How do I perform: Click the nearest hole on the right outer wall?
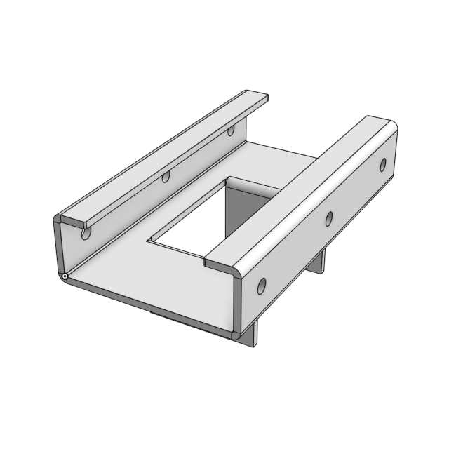click(261, 286)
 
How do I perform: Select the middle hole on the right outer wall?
click(328, 218)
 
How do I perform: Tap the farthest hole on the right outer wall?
click(383, 165)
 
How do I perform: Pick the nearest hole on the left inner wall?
click(86, 233)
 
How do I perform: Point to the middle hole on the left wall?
click(166, 177)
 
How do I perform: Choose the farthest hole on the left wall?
click(230, 130)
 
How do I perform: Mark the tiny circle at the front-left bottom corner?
click(65, 278)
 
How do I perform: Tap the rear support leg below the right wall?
click(319, 262)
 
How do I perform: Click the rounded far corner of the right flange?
click(389, 126)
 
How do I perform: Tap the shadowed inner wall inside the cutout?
click(242, 210)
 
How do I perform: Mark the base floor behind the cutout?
click(281, 158)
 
